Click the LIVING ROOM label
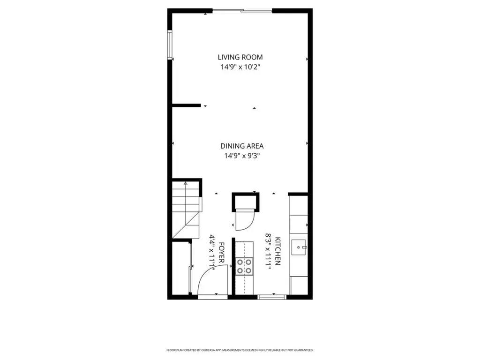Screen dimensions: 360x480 (240, 57)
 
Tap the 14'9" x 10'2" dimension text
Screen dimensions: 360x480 (240, 67)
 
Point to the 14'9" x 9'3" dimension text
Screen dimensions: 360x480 (240, 156)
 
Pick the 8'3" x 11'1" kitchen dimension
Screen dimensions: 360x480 (269, 251)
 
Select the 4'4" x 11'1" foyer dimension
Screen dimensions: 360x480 (212, 253)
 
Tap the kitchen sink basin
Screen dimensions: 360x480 (299, 247)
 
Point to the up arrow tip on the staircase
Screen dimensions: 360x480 (185, 184)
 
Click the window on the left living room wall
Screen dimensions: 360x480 (170, 45)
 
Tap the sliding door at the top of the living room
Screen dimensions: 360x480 (242, 10)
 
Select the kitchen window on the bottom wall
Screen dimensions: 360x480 (272, 296)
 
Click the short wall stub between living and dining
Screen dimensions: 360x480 (187, 105)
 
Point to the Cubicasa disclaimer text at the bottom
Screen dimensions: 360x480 (240, 350)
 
